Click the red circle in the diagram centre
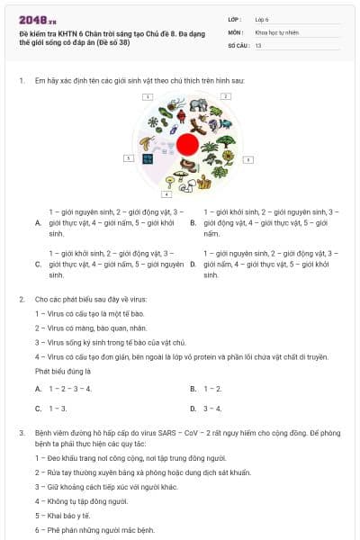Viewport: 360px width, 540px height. point(187,144)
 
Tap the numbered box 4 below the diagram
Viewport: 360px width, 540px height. point(166,193)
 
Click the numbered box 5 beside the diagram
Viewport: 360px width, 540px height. point(129,158)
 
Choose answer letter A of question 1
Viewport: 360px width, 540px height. point(37,222)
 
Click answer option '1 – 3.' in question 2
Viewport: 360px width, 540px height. point(58,408)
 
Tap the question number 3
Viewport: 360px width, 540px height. point(21,433)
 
